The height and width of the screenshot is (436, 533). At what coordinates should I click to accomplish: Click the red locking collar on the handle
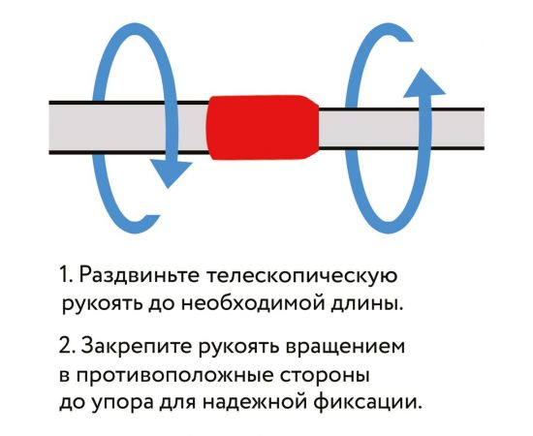click(x=262, y=128)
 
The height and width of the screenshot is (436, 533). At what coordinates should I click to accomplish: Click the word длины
click(x=367, y=303)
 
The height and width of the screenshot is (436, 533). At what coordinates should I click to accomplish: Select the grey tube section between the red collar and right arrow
click(x=334, y=128)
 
